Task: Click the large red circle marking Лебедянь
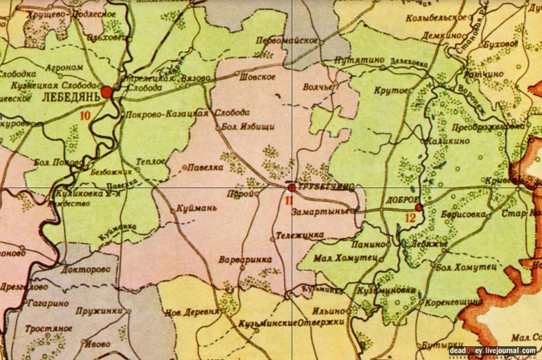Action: coord(107,92)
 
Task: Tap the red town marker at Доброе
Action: coord(419,207)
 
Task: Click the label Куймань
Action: coord(197,208)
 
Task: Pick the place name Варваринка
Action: coord(245,260)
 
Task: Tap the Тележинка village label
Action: coord(296,235)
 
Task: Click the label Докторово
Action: coord(86,270)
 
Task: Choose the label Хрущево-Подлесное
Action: coord(72,14)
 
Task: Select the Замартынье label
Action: coord(323,211)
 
